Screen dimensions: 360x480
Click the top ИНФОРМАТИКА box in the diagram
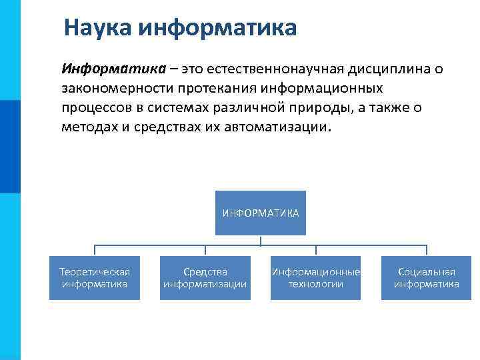[261, 213]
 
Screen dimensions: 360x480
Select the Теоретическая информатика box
[95, 278]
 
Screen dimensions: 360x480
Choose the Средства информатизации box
[205, 278]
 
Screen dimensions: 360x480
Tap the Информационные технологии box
[316, 278]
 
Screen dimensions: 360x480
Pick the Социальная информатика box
[426, 278]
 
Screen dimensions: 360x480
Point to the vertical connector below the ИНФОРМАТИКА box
[261, 241]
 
